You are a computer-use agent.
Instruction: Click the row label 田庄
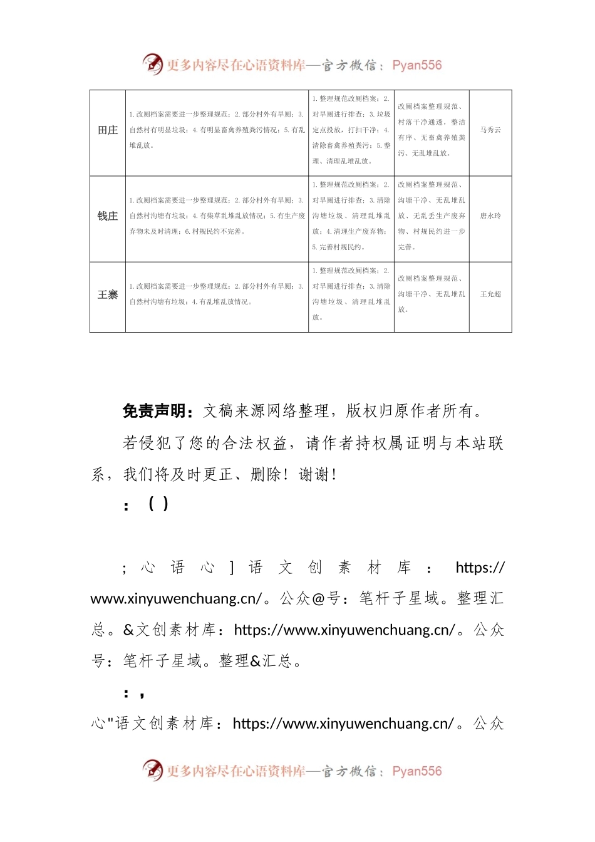108,130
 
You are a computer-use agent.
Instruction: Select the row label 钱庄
108,216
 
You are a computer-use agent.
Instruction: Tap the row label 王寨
108,294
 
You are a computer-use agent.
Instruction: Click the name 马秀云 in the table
490,130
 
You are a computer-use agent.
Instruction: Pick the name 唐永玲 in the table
490,216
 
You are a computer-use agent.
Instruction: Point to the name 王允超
490,294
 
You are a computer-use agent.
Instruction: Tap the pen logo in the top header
152,64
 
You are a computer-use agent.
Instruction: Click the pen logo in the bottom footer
152,770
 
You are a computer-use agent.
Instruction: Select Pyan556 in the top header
417,65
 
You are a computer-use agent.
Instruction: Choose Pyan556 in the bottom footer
417,771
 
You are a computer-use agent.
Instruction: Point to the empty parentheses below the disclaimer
158,504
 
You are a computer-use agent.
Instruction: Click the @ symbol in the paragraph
319,599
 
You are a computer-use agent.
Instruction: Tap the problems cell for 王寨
217,294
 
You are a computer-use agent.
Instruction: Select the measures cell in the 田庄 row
351,130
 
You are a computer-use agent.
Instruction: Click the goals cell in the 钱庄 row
432,216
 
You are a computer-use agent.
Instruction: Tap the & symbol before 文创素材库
129,630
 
